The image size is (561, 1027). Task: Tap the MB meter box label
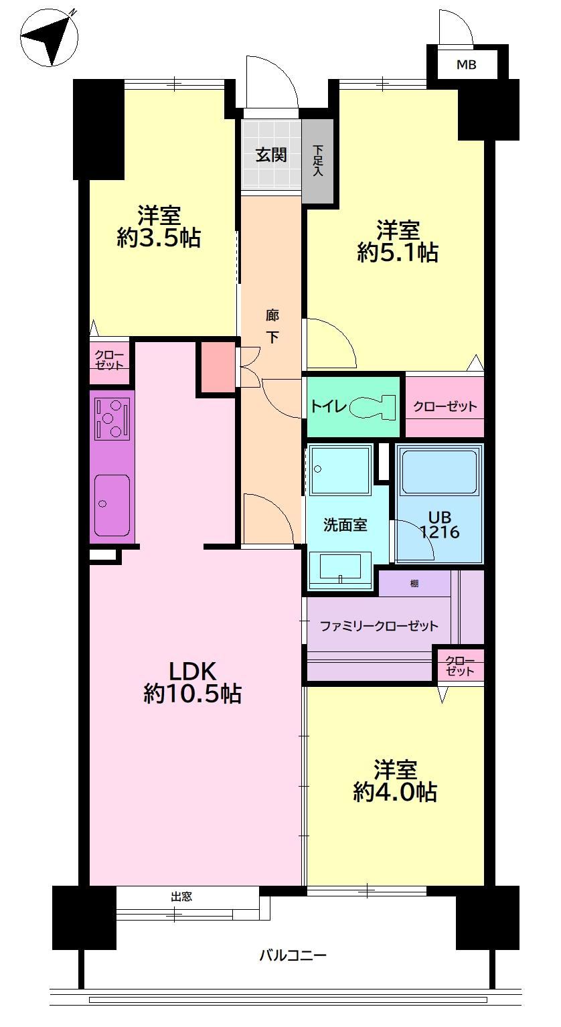point(467,65)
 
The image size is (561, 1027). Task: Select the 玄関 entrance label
point(271,155)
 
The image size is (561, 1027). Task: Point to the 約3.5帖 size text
point(159,238)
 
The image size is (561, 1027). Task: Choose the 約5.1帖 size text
point(398,252)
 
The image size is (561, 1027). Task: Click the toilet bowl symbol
point(372,406)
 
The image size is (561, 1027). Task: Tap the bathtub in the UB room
point(439,471)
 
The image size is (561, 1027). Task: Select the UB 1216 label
point(440,524)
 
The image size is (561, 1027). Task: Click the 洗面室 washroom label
point(345,524)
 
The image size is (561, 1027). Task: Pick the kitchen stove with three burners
point(112,418)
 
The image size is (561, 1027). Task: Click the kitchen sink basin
point(112,505)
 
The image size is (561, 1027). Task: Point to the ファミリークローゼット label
point(379,626)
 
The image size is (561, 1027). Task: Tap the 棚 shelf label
point(414,583)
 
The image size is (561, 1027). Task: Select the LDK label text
point(193,671)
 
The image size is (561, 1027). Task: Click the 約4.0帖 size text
point(394,792)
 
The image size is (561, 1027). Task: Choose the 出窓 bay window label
point(181,896)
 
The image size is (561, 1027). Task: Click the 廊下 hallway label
point(272,327)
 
